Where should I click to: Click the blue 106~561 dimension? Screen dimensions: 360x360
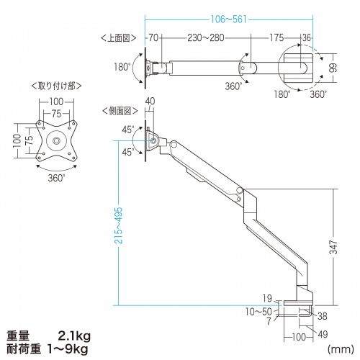[x=229, y=19]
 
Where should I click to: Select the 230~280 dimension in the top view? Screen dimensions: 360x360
[x=206, y=37]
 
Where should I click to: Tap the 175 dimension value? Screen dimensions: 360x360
[x=276, y=37]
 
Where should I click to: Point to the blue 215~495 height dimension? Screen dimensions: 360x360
[x=118, y=225]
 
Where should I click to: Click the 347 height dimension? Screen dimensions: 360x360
[x=333, y=247]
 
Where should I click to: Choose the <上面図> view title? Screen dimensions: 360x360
[x=119, y=38]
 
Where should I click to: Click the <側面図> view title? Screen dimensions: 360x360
[x=120, y=111]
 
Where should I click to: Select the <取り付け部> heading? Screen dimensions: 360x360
[x=56, y=86]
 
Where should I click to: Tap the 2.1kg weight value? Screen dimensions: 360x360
[x=74, y=336]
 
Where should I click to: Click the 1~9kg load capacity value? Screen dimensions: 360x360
[x=68, y=349]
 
